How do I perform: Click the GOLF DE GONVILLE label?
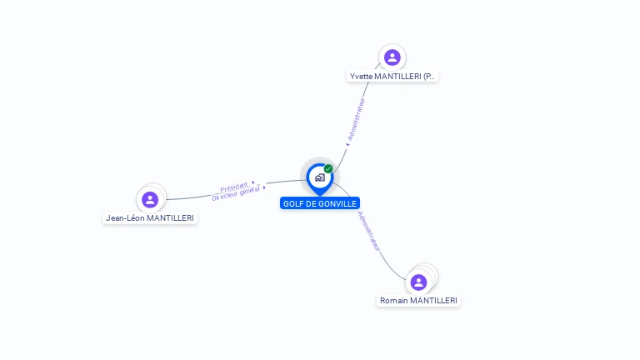[320, 203]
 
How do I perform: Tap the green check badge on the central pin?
[328, 169]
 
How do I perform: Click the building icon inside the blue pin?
[319, 177]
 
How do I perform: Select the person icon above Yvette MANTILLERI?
[392, 57]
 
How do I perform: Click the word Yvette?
[361, 77]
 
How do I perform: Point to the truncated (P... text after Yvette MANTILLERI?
[429, 77]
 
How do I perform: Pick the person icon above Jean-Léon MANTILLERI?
[150, 199]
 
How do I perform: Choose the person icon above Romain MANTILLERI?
[418, 282]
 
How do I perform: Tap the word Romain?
[395, 301]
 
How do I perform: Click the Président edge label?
[234, 187]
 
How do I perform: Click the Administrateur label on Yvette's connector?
[357, 119]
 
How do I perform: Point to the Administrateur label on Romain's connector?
[369, 231]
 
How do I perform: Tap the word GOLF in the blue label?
[292, 203]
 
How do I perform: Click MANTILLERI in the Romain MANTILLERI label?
[434, 301]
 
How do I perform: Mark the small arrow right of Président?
[252, 182]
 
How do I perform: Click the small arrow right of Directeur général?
[264, 187]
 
